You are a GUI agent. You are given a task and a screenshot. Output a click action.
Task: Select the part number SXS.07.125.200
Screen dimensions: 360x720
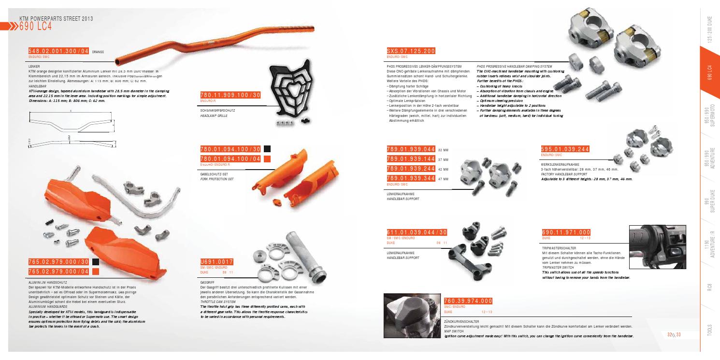tap(411, 51)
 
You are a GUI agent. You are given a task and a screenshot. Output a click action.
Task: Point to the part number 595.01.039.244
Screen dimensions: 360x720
tap(566, 149)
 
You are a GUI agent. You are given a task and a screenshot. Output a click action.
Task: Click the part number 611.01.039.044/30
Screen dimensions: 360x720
tap(417, 233)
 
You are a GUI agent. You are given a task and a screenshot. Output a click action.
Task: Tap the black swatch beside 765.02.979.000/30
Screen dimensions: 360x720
tap(96, 262)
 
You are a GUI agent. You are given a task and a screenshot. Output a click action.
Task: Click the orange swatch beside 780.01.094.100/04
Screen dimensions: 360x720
tap(267, 158)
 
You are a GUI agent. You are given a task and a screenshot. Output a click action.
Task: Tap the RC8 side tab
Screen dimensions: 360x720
tap(709, 290)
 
